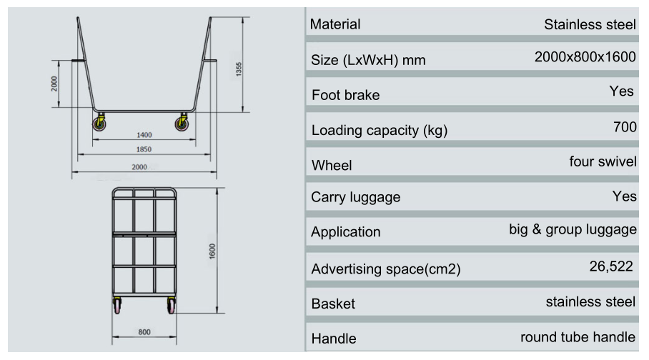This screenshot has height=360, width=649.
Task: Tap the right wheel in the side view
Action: [183, 124]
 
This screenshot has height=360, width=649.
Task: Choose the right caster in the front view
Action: [171, 306]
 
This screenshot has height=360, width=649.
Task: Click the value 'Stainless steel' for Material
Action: [590, 24]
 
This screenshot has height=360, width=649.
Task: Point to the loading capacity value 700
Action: [624, 127]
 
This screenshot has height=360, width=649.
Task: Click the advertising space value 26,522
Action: [611, 266]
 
